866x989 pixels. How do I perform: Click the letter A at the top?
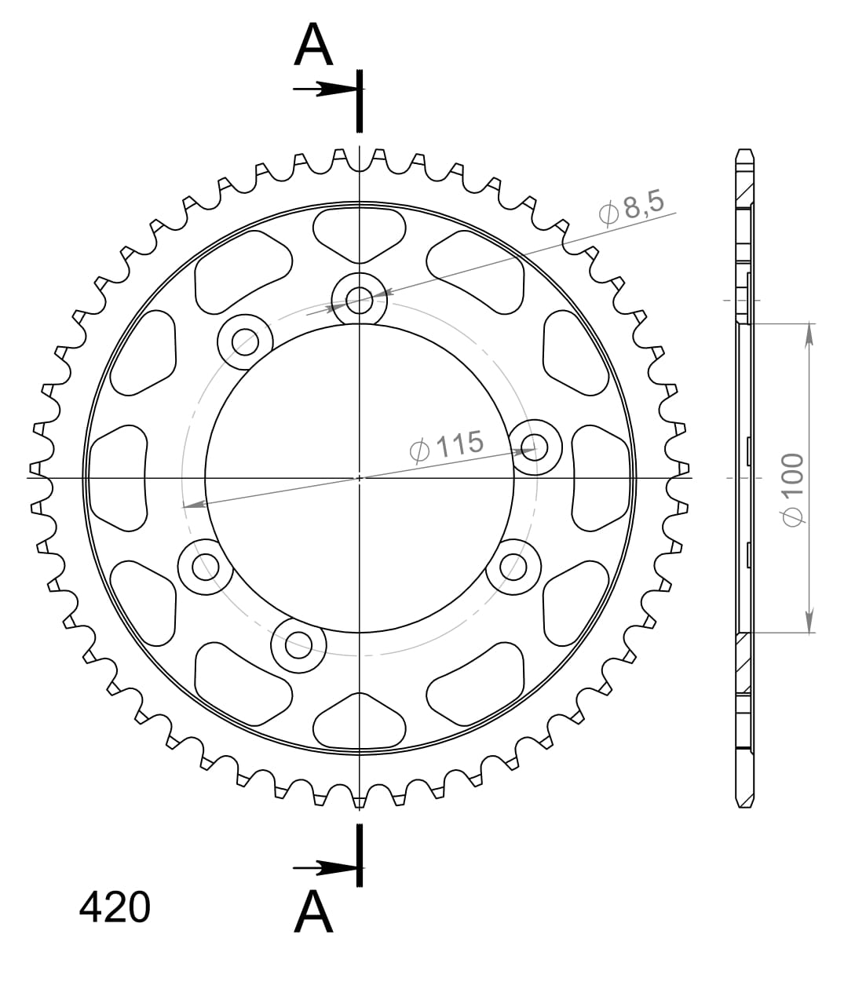(313, 46)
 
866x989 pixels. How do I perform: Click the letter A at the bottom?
(313, 912)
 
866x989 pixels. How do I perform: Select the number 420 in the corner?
(115, 907)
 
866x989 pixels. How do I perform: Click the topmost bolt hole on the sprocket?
(359, 298)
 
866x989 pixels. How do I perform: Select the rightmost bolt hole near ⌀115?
(536, 449)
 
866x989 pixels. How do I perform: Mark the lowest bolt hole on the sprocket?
(298, 645)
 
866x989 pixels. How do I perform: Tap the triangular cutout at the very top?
(359, 232)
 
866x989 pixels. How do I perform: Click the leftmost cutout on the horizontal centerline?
(119, 477)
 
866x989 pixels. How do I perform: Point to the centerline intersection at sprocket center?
(359, 477)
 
